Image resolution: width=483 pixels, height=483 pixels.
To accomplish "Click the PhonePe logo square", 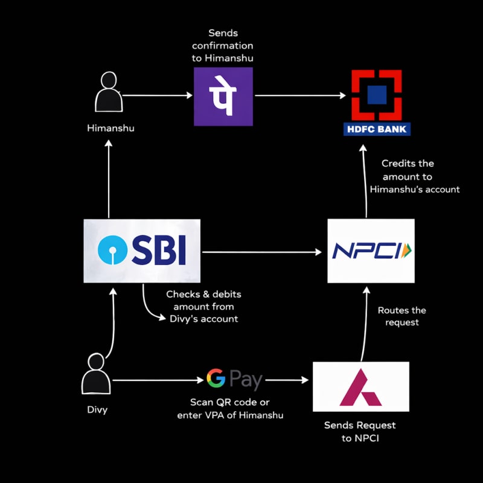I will point(223,97).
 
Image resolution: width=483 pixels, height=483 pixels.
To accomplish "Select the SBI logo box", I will point(142,251).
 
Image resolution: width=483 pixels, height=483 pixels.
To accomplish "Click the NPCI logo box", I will point(371,251).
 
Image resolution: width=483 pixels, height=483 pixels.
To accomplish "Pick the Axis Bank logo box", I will point(361,387).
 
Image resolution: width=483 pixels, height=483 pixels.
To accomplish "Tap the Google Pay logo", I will point(234,380).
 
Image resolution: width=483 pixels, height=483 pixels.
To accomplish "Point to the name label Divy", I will point(97,411).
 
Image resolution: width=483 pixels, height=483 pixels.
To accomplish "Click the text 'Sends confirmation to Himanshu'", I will point(223,46).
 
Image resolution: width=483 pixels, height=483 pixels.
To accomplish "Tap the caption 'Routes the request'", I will point(401,316).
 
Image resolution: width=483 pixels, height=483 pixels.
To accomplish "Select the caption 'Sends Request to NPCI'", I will point(360,432).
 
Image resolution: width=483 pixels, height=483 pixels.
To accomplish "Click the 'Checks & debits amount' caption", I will point(203,306).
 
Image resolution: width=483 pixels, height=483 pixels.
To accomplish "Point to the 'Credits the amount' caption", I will point(415,176).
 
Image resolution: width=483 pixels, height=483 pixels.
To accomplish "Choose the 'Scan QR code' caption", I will point(230,409).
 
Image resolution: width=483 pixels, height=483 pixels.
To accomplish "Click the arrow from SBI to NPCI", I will point(263,252).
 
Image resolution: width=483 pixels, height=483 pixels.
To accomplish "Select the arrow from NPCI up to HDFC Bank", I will point(365,181).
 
